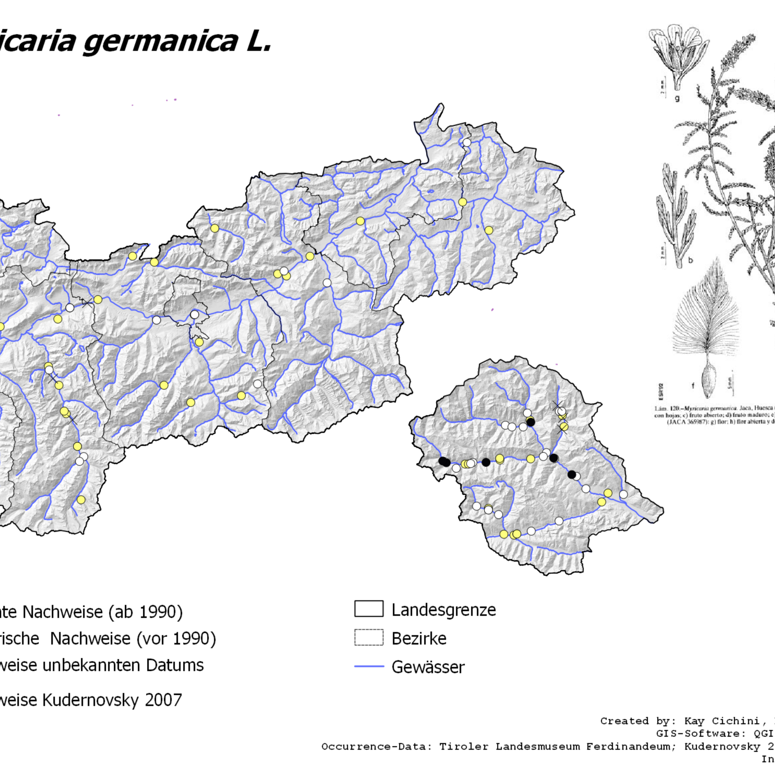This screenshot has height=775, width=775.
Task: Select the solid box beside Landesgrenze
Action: (x=369, y=609)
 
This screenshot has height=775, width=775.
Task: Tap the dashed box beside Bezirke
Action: (x=369, y=637)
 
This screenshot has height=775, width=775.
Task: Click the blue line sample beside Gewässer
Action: (x=369, y=667)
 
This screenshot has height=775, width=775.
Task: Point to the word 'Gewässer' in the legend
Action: (x=428, y=667)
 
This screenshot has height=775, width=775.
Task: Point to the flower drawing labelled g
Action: (x=676, y=55)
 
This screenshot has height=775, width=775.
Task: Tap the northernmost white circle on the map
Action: (x=467, y=142)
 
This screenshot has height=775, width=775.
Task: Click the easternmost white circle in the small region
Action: (x=623, y=494)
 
